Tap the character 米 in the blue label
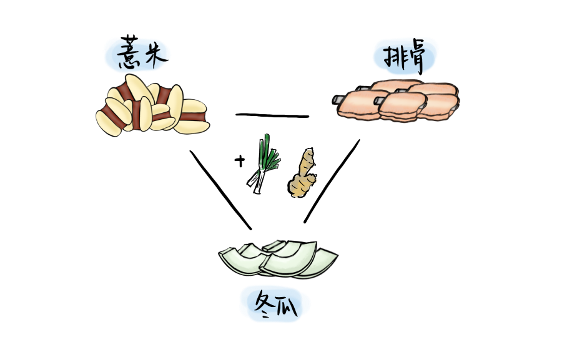tap(154, 55)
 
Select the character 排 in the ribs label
tap(392, 56)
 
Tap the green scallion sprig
tap(267, 156)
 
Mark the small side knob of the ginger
tap(312, 181)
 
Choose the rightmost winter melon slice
tap(322, 259)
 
